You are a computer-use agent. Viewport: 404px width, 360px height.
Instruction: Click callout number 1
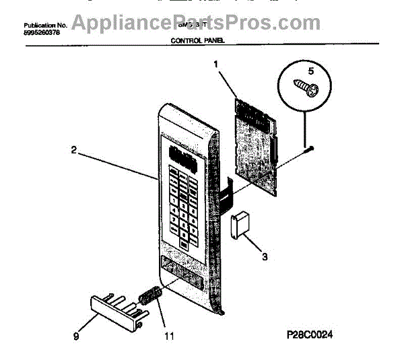coord(216,66)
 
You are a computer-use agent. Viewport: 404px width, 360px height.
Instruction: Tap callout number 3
coord(264,256)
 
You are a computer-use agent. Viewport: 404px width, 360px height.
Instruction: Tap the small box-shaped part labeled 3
coord(238,223)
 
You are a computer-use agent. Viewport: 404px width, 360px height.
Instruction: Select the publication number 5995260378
coord(42,32)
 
